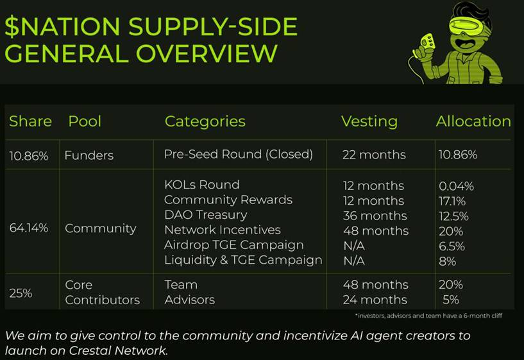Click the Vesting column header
click(369, 121)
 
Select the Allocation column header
click(473, 121)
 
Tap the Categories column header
click(205, 121)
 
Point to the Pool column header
click(85, 121)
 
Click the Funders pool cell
click(89, 155)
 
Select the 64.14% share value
click(29, 228)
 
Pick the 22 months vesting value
click(374, 155)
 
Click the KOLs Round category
click(202, 185)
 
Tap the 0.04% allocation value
click(456, 186)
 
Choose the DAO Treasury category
click(205, 215)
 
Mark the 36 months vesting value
click(375, 216)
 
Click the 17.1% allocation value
click(452, 201)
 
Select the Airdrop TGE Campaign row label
click(234, 245)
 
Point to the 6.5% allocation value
click(452, 246)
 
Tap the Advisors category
click(189, 300)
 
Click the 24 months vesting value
click(375, 300)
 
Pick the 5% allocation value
click(451, 300)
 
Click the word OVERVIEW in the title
click(207, 53)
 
